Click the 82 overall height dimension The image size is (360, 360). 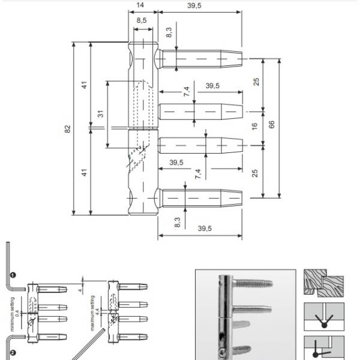pyautogui.click(x=68, y=128)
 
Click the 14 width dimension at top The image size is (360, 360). pyautogui.click(x=140, y=5)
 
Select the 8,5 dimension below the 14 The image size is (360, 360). pyautogui.click(x=142, y=20)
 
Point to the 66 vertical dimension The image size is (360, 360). pyautogui.click(x=272, y=124)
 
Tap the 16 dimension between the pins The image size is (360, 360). pyautogui.click(x=254, y=127)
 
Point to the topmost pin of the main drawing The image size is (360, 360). pyautogui.click(x=201, y=59)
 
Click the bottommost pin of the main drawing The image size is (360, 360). pyautogui.click(x=201, y=197)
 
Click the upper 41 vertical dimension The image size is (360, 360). pyautogui.click(x=85, y=85)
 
